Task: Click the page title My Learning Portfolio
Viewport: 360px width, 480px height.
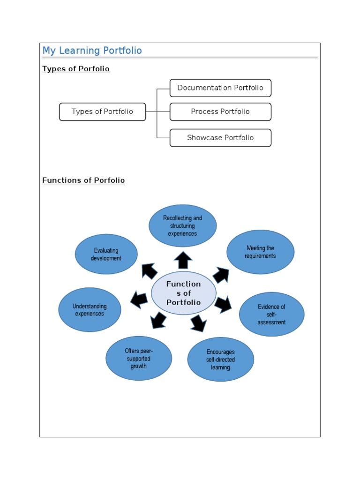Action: pyautogui.click(x=92, y=51)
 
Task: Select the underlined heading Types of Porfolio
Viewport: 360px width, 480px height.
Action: pyautogui.click(x=76, y=69)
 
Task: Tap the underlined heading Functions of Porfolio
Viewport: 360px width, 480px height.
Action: pyautogui.click(x=83, y=180)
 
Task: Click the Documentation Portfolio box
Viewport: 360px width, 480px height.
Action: pyautogui.click(x=220, y=88)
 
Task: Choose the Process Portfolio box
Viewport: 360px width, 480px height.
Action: pyautogui.click(x=220, y=112)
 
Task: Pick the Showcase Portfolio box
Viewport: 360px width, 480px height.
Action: pyautogui.click(x=220, y=138)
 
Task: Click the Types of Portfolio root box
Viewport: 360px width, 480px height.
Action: pyautogui.click(x=102, y=112)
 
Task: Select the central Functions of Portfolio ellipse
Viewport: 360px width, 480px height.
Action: pyautogui.click(x=184, y=293)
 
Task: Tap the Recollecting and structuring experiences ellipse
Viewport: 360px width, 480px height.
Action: pyautogui.click(x=183, y=225)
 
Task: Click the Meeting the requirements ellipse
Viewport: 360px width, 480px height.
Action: pyautogui.click(x=260, y=252)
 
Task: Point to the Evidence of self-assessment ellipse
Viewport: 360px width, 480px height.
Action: pyautogui.click(x=271, y=314)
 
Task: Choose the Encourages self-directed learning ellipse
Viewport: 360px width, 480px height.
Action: pyautogui.click(x=220, y=360)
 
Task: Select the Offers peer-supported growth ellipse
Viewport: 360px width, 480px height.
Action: pyautogui.click(x=139, y=359)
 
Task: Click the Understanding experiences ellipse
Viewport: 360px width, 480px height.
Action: pyautogui.click(x=90, y=310)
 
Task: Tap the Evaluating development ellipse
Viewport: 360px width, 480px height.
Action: pyautogui.click(x=106, y=254)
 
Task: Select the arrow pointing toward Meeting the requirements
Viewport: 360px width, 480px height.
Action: pyautogui.click(x=220, y=275)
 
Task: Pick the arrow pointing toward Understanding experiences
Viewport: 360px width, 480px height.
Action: pyautogui.click(x=139, y=300)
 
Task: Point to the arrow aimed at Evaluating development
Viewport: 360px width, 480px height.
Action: pyautogui.click(x=149, y=271)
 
